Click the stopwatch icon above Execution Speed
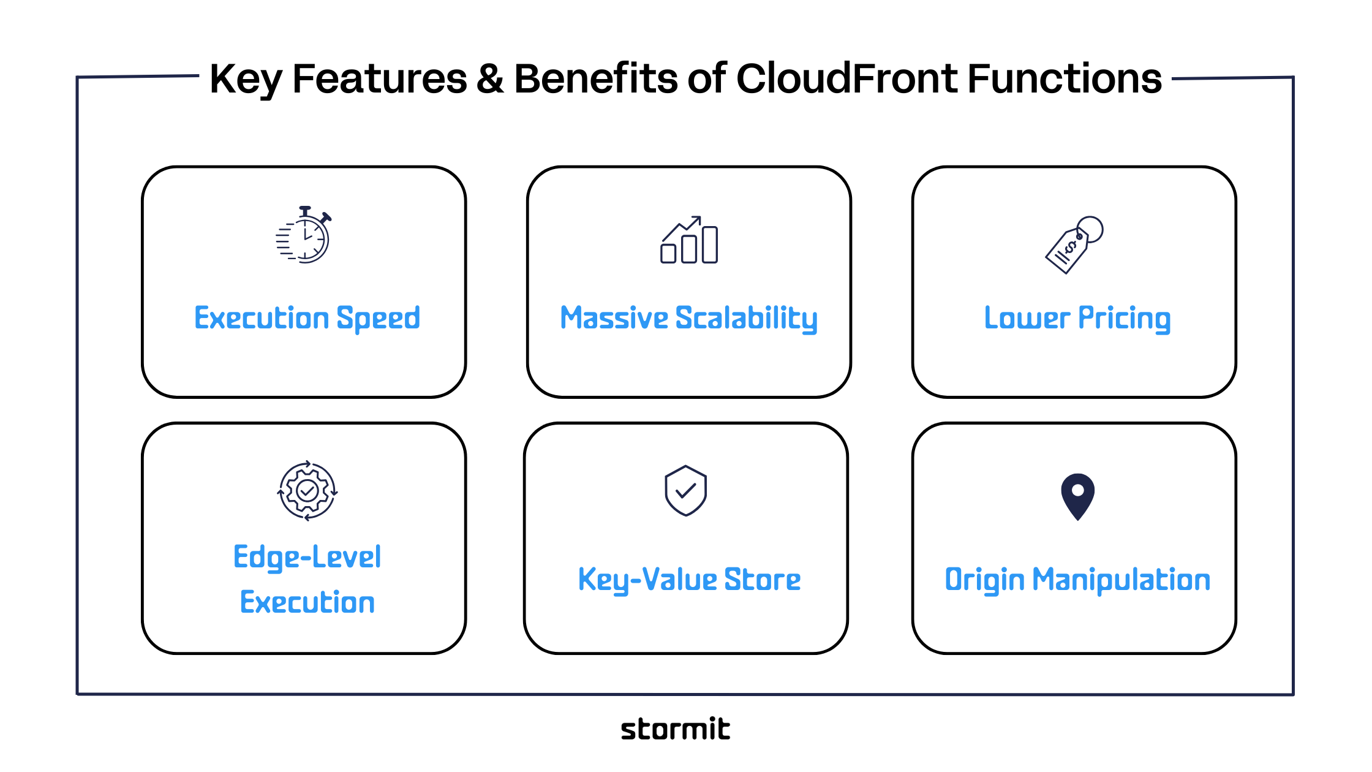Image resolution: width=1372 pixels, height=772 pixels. pos(304,235)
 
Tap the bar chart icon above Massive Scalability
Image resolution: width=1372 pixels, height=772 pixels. pos(689,240)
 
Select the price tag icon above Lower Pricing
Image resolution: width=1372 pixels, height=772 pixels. pos(1074,244)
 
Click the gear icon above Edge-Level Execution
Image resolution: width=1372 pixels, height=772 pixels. pos(307,491)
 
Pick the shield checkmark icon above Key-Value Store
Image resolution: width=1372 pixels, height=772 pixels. pos(686,491)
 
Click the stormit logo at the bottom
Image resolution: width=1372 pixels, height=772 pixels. pos(675,729)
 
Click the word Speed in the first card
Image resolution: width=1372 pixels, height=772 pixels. pos(378,319)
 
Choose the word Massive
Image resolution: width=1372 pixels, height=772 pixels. pos(614,319)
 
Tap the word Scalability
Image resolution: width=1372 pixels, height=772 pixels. pos(746,319)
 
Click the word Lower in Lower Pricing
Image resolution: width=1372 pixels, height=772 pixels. pos(1027,319)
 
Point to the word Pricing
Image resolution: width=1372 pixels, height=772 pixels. pos(1125,319)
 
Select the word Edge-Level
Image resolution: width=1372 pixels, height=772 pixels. pos(307,558)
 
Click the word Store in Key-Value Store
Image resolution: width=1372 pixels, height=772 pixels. pos(763,580)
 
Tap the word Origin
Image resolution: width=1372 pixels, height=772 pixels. pos(984,580)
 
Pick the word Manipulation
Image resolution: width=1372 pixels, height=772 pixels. pos(1121,580)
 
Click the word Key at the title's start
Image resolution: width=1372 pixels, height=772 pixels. pos(246,80)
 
